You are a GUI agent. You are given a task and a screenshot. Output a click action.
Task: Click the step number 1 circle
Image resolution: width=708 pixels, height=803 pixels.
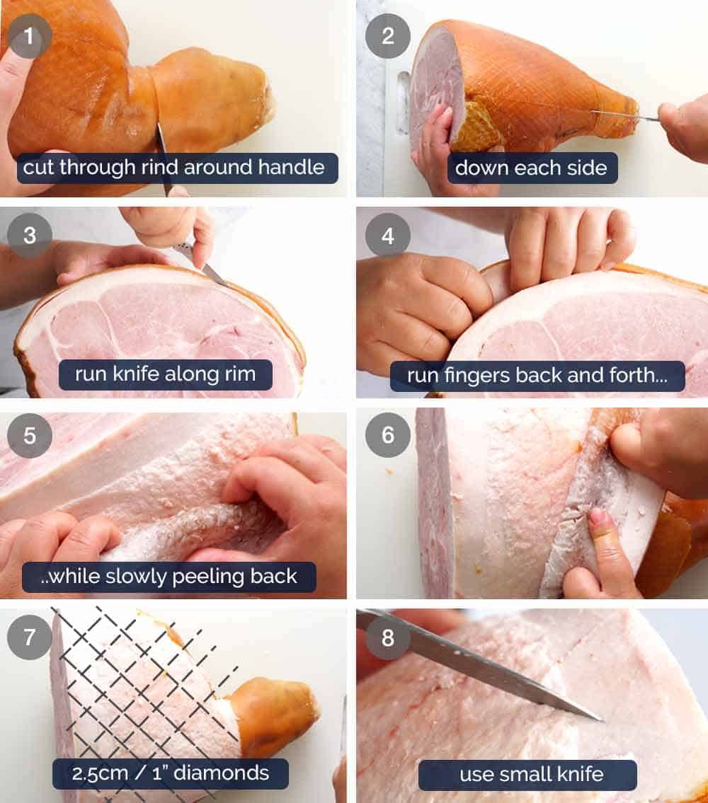click(x=30, y=35)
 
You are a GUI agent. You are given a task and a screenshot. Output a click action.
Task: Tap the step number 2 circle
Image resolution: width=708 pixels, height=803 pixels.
click(x=388, y=35)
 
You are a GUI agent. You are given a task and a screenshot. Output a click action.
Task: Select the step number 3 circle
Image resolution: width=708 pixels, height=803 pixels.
click(x=30, y=235)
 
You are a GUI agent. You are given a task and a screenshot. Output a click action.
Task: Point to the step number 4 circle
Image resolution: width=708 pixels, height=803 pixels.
click(x=388, y=235)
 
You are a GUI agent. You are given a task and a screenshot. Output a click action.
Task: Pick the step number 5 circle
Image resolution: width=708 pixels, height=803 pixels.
click(x=30, y=435)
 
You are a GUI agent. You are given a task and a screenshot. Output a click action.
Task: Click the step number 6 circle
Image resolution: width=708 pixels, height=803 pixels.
click(x=388, y=435)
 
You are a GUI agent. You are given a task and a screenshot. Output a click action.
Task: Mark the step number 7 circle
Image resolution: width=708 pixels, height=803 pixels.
click(x=30, y=637)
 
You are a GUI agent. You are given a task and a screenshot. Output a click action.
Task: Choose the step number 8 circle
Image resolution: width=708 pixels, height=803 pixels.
click(x=388, y=637)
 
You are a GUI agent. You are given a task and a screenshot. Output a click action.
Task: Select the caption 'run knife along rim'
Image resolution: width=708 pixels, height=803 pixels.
click(x=165, y=374)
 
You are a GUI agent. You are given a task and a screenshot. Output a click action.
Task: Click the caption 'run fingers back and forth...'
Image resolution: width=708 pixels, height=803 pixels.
click(x=537, y=376)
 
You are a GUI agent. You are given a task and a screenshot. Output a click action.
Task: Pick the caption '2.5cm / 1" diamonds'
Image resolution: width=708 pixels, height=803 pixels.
click(x=170, y=773)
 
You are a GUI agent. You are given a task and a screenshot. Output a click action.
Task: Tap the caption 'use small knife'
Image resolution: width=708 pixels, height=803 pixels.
click(x=531, y=775)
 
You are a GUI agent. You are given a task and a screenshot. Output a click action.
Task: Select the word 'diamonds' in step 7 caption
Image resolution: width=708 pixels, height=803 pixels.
click(x=227, y=773)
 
